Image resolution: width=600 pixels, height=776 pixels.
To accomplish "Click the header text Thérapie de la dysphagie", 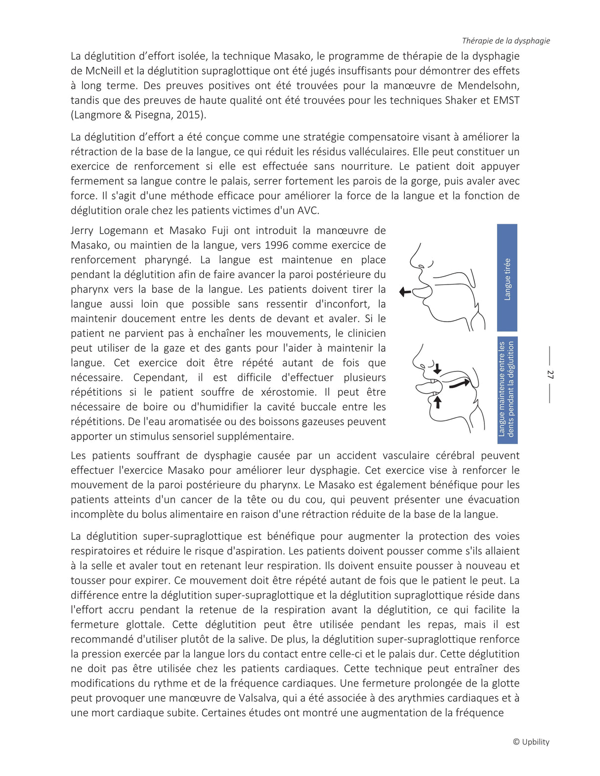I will (506, 41).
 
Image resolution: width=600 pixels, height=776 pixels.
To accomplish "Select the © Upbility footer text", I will (531, 741).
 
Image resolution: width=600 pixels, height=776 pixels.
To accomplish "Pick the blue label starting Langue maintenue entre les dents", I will (507, 389).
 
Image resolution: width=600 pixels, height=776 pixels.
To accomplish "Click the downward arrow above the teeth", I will (437, 368).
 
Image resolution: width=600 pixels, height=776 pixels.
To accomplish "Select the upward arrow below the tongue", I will (437, 402).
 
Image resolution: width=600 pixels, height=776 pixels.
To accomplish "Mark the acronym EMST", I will (506, 100).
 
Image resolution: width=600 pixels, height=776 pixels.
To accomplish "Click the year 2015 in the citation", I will (189, 115).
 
